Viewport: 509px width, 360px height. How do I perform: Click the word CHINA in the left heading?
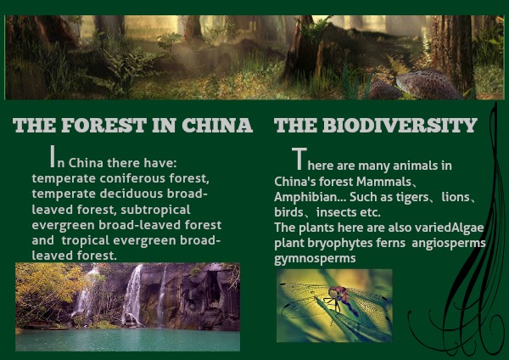217,125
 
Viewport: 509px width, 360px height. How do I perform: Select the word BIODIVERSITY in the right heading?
400,125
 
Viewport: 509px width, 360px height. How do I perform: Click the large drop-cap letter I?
53,156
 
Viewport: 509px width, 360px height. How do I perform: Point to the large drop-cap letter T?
299,159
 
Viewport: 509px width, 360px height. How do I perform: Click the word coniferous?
132,178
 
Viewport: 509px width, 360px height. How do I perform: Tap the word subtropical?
155,210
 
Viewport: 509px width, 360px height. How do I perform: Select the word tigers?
415,197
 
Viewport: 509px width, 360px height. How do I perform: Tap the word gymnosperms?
315,259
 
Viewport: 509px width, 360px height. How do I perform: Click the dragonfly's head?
333,292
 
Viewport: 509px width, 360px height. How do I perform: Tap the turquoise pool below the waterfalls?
127,340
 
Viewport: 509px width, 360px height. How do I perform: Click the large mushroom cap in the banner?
428,83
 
